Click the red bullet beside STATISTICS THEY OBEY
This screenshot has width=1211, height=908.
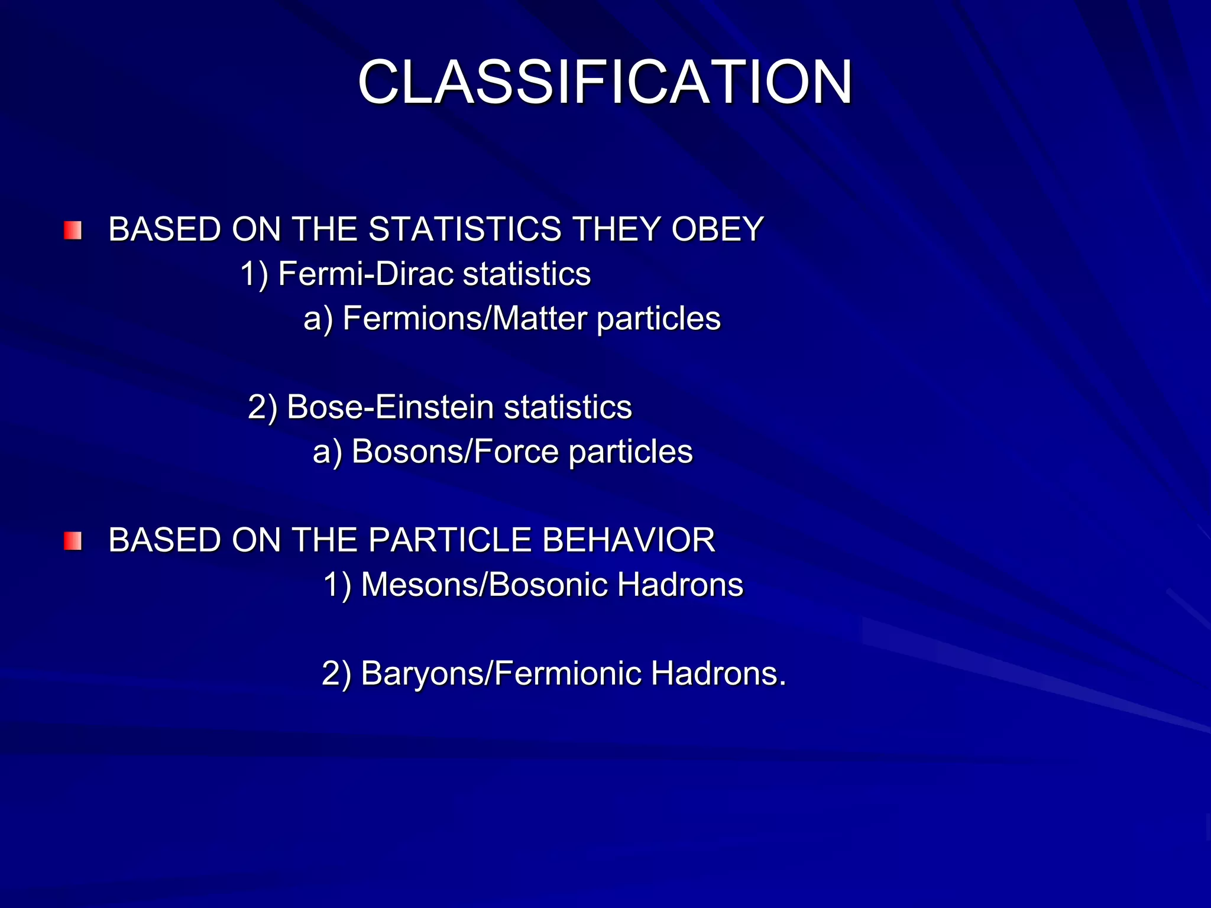[73, 230]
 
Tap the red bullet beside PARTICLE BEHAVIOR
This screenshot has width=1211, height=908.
[73, 540]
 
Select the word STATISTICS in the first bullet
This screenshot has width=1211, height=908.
[473, 229]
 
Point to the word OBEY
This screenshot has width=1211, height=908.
[717, 229]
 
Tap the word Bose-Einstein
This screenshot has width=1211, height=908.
[390, 407]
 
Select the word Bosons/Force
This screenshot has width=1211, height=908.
[455, 452]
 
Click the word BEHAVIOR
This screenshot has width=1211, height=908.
[628, 540]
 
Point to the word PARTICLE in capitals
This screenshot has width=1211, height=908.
[449, 540]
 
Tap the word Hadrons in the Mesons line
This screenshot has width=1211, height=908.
[680, 585]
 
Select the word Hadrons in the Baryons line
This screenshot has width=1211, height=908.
[718, 673]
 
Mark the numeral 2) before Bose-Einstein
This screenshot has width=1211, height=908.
[263, 408]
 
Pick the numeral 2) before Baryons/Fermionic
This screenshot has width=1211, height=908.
[336, 674]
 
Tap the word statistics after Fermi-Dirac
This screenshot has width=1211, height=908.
[527, 274]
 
